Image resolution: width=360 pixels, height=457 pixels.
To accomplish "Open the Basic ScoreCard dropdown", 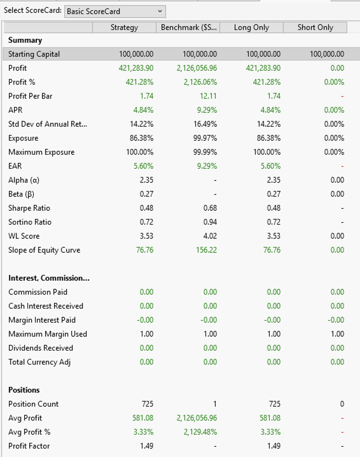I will click(115, 11).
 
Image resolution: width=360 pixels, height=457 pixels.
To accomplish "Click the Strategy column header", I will click(124, 27).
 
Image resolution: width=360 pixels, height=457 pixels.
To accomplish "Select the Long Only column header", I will click(251, 27).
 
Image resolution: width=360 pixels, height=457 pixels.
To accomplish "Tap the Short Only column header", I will click(315, 27).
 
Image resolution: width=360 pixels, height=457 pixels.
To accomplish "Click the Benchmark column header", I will click(188, 27).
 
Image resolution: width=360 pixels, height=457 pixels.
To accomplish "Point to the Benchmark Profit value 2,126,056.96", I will click(197, 68).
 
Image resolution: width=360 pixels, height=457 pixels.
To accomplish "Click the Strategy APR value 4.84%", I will click(143, 110).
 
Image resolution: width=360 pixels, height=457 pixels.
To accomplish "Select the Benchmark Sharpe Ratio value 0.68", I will click(210, 208).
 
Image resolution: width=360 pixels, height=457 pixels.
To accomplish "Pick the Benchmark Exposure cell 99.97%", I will click(205, 138).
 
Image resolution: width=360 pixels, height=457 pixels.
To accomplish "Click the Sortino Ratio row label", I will click(30, 222).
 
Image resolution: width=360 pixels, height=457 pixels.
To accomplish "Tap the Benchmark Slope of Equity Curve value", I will click(206, 250).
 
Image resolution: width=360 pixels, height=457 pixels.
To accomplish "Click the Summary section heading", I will click(25, 40).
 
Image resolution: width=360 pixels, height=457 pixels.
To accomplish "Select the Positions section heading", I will click(24, 390).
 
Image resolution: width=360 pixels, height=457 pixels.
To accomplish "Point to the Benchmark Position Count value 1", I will click(215, 404).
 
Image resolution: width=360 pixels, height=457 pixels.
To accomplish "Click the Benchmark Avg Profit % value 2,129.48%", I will click(200, 432).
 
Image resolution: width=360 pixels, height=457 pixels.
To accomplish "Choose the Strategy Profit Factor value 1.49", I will click(147, 446).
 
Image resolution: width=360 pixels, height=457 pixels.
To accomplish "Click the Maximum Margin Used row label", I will click(48, 334).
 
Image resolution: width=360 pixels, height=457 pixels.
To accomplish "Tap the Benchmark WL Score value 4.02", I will click(210, 236).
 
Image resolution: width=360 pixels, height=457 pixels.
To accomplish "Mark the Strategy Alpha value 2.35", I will click(146, 180).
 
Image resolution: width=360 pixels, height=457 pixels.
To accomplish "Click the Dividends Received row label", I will click(41, 348).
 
